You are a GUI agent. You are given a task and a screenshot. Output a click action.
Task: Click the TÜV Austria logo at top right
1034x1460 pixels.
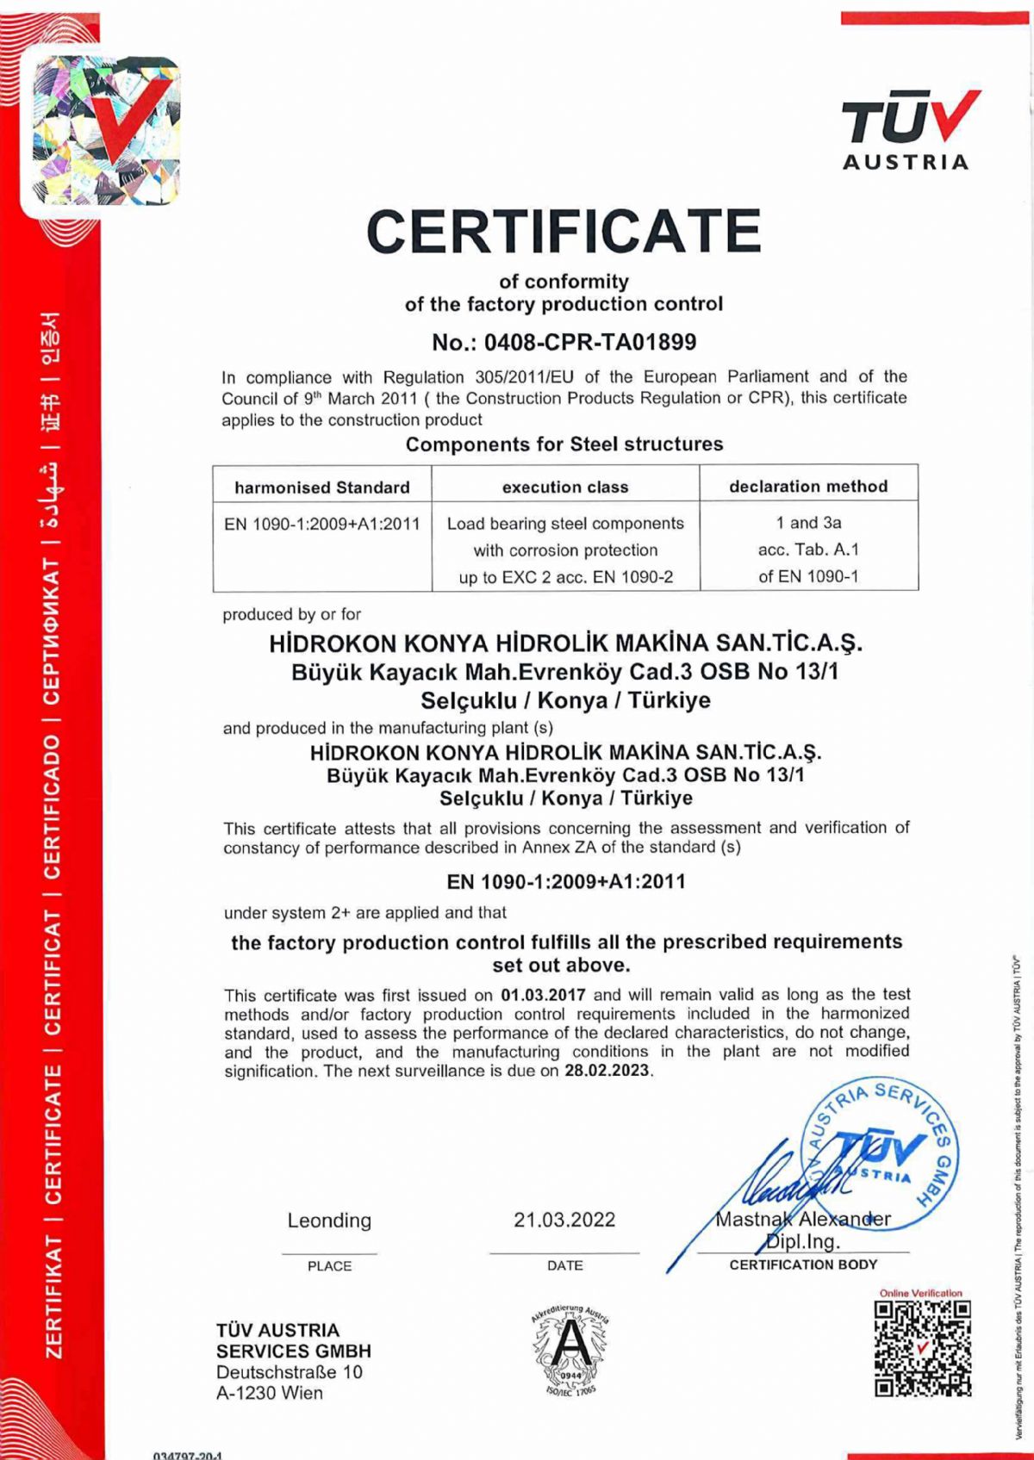click(x=906, y=130)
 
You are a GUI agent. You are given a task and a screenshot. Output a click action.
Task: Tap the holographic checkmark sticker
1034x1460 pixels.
click(x=105, y=130)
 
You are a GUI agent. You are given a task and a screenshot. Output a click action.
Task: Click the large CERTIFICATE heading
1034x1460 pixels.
click(x=564, y=231)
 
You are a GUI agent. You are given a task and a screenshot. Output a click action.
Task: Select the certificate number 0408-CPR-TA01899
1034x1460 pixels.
click(x=589, y=343)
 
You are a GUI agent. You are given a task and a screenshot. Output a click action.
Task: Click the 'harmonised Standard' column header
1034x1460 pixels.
click(x=322, y=488)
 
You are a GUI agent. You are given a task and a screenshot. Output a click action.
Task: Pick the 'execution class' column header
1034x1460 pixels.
click(x=565, y=488)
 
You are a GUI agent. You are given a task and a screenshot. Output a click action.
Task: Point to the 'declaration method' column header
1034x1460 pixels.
click(x=808, y=487)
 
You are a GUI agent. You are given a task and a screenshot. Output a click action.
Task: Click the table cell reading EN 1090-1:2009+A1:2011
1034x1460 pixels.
click(x=322, y=524)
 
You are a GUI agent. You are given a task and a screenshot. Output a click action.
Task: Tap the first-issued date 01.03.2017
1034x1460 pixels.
click(x=543, y=995)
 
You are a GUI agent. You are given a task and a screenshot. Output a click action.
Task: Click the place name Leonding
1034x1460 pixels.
click(x=329, y=1221)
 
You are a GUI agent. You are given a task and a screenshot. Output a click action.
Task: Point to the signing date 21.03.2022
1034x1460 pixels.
click(x=564, y=1220)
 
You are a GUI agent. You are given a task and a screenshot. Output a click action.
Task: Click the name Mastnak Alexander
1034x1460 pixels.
click(x=803, y=1220)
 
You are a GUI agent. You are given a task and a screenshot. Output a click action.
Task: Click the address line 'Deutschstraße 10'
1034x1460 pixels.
click(x=290, y=1372)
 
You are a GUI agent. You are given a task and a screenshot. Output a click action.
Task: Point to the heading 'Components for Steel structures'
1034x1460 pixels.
click(x=564, y=444)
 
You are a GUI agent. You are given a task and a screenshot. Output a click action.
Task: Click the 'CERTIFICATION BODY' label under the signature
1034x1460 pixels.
click(x=803, y=1264)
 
